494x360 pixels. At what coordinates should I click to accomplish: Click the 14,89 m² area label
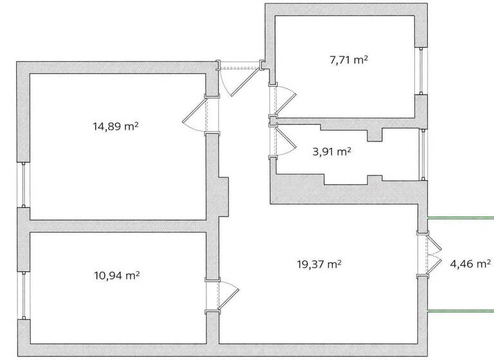[116, 127]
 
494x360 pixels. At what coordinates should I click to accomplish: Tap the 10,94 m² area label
[117, 275]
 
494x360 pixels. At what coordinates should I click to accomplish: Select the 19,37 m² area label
[319, 263]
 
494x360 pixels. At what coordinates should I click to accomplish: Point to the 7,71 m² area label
[349, 60]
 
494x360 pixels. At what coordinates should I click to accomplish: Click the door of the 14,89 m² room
[196, 117]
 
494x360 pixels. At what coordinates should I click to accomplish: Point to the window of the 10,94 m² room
[23, 296]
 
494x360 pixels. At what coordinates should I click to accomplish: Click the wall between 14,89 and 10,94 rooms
[116, 226]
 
